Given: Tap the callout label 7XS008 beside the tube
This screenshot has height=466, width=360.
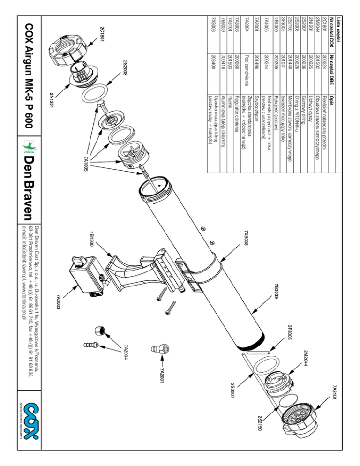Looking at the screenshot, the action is [x=246, y=238].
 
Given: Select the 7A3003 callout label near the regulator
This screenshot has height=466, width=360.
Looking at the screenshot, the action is [x=59, y=302].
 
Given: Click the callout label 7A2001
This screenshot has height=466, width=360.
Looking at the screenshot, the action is [x=162, y=376].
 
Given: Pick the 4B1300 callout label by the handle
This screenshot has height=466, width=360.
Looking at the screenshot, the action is [x=92, y=239].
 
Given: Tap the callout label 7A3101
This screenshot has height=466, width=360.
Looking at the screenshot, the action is [x=334, y=393].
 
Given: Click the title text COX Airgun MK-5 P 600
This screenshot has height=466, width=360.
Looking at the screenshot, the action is [x=29, y=76].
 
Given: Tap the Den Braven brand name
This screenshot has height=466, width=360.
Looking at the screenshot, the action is [x=29, y=188].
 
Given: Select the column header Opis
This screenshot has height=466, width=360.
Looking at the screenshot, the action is [x=331, y=99].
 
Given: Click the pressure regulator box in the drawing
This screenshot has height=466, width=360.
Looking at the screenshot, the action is [x=87, y=275].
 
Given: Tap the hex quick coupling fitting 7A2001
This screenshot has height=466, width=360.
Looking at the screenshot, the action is [x=160, y=349].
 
